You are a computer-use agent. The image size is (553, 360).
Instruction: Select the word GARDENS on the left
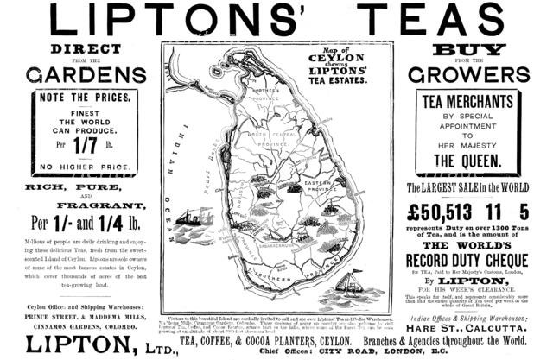tap(85, 75)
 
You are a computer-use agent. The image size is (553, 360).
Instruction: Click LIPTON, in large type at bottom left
tap(78, 344)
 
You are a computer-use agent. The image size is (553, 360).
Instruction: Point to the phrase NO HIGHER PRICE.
tap(85, 167)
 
